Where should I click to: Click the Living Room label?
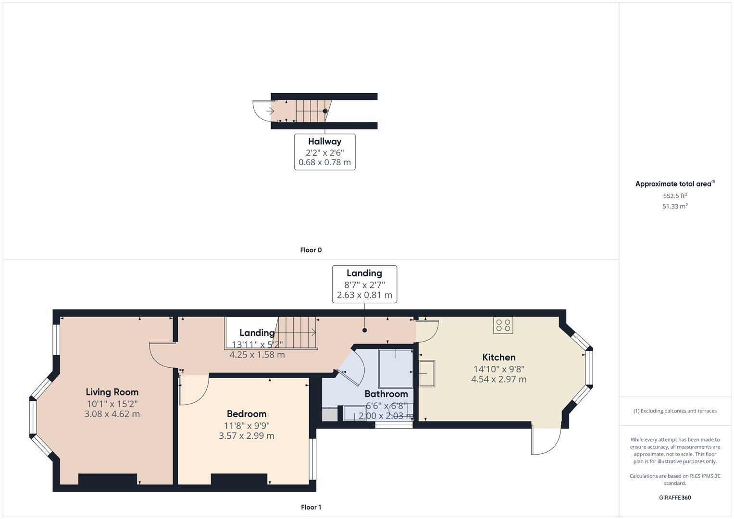[112, 392]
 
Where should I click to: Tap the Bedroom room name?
[247, 414]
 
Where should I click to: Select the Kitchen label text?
[499, 357]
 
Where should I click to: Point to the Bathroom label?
[386, 394]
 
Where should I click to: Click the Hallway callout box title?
[324, 141]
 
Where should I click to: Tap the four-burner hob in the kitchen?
[503, 325]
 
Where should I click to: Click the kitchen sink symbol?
[427, 373]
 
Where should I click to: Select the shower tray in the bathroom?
[396, 369]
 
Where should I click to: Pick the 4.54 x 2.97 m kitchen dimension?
[499, 379]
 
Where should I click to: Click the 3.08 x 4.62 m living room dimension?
[112, 414]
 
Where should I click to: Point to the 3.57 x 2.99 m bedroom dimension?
[247, 436]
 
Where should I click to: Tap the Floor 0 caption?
[311, 250]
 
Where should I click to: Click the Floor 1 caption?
[311, 507]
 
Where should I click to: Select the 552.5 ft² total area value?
[675, 196]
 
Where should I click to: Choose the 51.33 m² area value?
[675, 206]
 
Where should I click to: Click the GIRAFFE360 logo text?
[675, 497]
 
